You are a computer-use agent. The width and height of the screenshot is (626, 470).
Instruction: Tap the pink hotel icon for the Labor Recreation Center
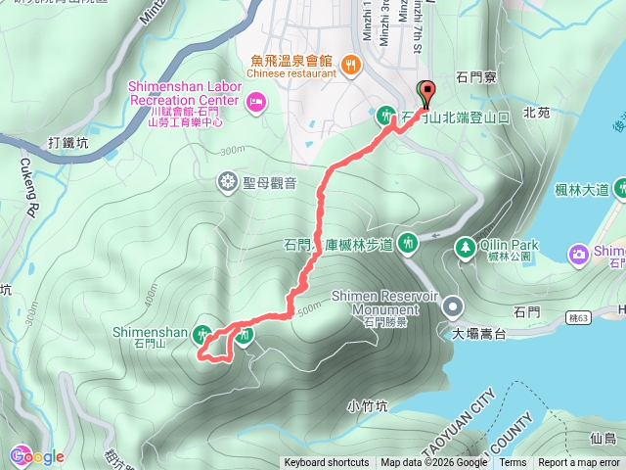[256, 100]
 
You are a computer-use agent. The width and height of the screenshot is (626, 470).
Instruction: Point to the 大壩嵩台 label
[478, 335]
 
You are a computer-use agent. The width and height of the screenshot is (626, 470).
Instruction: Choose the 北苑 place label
[536, 113]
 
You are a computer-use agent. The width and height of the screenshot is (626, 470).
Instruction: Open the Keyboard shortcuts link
[327, 463]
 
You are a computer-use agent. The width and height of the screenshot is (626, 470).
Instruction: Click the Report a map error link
[578, 463]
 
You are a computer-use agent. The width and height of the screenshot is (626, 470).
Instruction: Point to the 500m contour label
[306, 310]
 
